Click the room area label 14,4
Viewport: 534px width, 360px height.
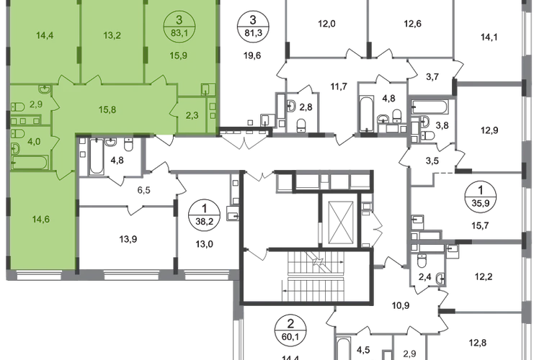pyautogui.click(x=35, y=33)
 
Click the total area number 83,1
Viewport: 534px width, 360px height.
pyautogui.click(x=174, y=30)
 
